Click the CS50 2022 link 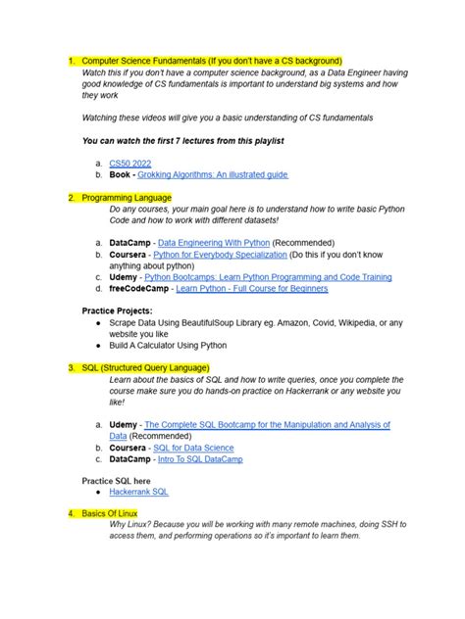(130, 163)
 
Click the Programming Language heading (122, 197)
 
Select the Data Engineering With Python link (213, 241)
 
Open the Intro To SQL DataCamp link (200, 459)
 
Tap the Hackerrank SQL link (138, 493)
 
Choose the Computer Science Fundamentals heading (210, 61)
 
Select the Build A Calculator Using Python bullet (168, 346)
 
